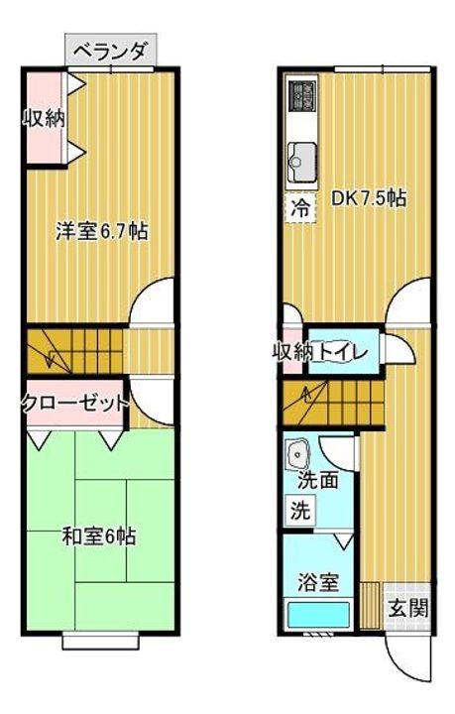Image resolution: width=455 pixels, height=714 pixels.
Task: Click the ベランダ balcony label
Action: point(110,50)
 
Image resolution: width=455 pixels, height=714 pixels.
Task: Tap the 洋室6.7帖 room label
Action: point(102,232)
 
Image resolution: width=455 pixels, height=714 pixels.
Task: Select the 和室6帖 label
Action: point(99,536)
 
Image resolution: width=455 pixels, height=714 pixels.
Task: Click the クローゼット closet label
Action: point(75,403)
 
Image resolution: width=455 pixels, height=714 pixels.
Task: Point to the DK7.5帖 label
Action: point(369,198)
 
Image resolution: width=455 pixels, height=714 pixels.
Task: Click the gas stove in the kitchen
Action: point(302,95)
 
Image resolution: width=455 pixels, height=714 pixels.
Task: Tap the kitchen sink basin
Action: point(302,162)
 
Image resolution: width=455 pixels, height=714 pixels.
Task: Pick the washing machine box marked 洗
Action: point(300,510)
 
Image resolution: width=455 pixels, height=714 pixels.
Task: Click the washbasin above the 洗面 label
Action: point(298,454)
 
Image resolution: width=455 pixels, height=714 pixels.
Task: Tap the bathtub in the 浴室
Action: point(318,615)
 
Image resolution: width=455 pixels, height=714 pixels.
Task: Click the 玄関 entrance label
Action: point(408,608)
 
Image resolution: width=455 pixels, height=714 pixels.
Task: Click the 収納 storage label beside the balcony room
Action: point(45,119)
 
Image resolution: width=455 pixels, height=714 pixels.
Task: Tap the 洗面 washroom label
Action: point(318,481)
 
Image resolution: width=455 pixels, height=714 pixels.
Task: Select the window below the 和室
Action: point(100,641)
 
